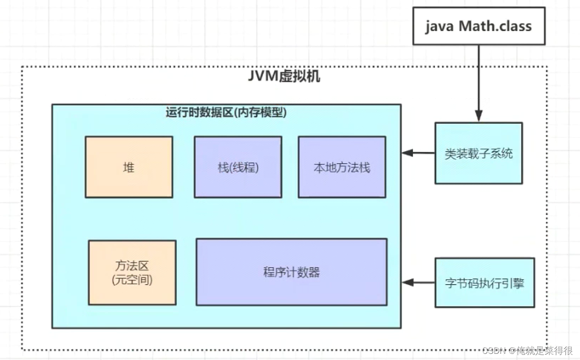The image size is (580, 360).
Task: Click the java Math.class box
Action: click(x=479, y=26)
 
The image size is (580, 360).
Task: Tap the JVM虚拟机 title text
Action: click(x=284, y=76)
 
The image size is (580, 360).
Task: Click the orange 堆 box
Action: click(x=129, y=167)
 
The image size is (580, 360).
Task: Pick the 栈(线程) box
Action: click(x=238, y=167)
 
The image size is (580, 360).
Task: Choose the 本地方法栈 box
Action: click(x=342, y=167)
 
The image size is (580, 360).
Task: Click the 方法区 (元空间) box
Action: click(x=132, y=272)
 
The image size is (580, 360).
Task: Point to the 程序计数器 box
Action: click(x=291, y=272)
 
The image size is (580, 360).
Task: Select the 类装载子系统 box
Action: click(x=478, y=153)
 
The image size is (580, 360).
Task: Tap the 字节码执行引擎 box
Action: click(x=484, y=283)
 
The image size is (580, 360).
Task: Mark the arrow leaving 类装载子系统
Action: click(x=419, y=153)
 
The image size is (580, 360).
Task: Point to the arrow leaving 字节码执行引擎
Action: click(x=419, y=283)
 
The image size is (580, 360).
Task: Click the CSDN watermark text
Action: click(x=527, y=351)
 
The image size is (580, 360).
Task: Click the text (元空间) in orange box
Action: click(x=132, y=280)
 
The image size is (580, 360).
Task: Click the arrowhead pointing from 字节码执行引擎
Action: click(x=407, y=283)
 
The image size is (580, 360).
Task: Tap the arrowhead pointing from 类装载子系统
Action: click(x=407, y=153)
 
